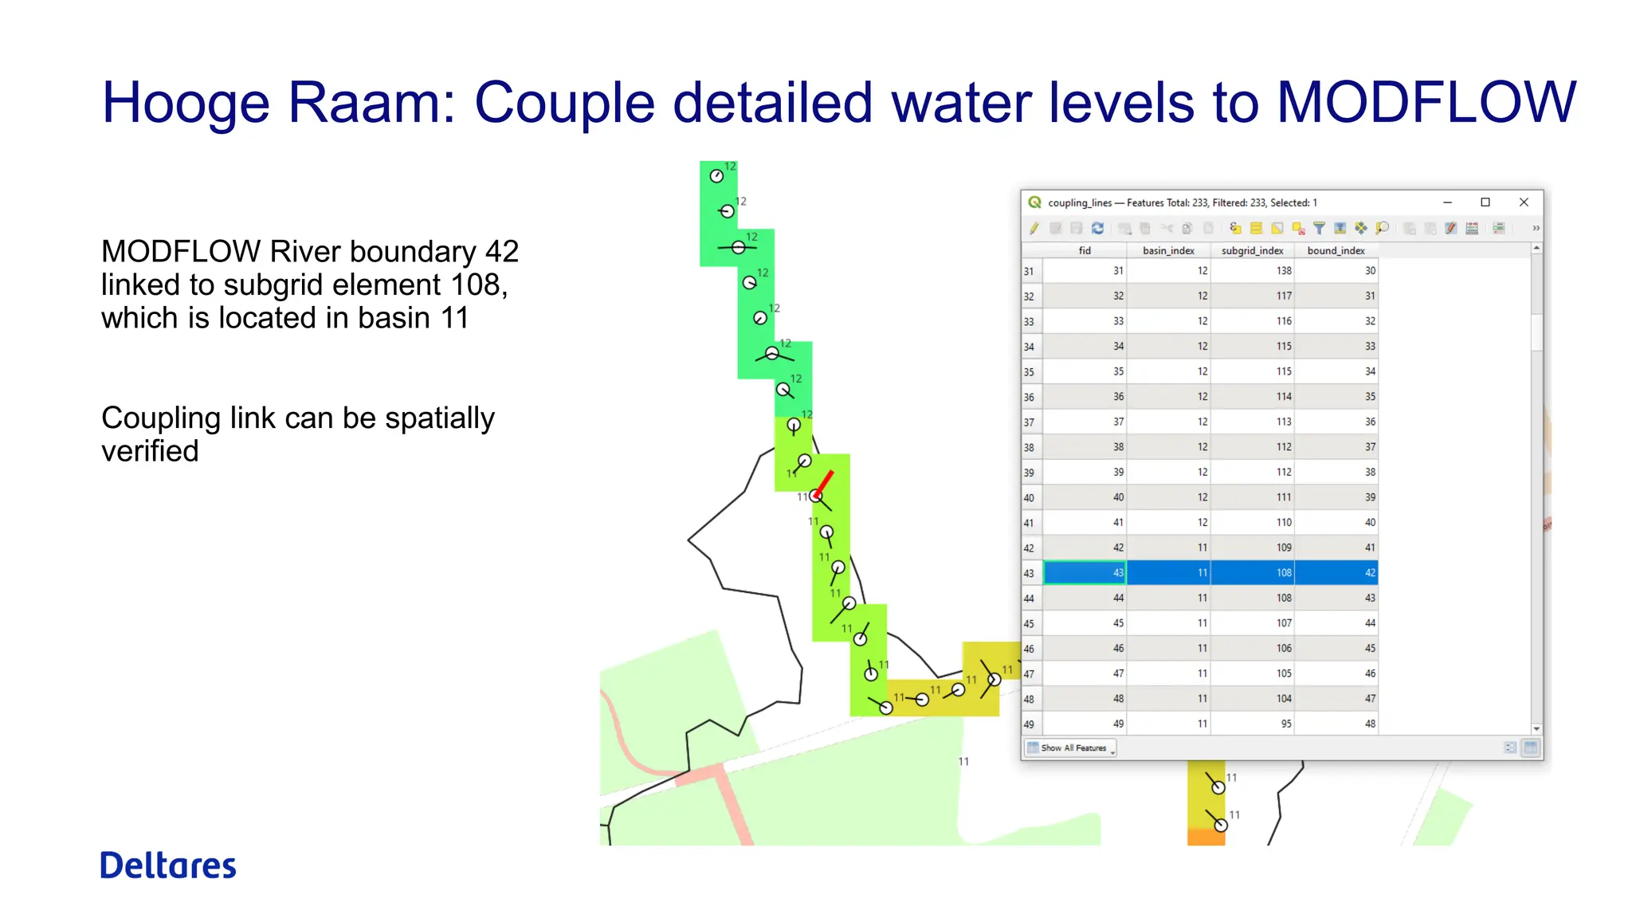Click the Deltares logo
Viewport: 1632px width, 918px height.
tap(168, 865)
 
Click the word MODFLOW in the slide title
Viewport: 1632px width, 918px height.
tap(1426, 103)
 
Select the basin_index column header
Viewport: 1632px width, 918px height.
tap(1168, 250)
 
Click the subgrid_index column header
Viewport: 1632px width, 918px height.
tap(1252, 250)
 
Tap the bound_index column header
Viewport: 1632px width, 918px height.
tap(1336, 250)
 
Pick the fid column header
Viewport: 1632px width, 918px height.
tap(1085, 250)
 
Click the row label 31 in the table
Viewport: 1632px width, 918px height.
tap(1030, 271)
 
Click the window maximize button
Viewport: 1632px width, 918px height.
tap(1485, 202)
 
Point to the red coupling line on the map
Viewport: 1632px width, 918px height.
tap(825, 481)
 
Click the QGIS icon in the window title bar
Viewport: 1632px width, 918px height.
tap(1034, 202)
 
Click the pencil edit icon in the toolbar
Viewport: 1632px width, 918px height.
tap(1034, 229)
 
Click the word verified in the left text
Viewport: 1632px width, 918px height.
tap(150, 451)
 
